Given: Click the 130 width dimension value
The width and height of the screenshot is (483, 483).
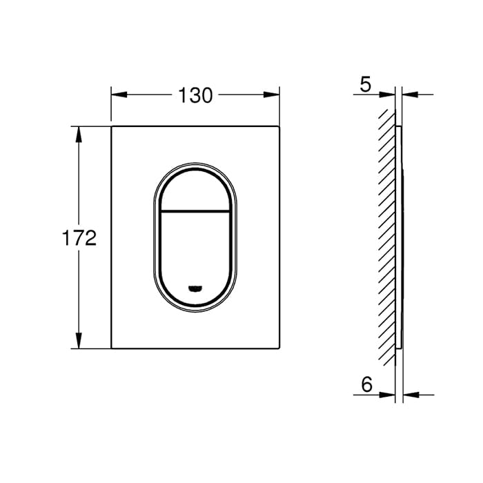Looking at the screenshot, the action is point(195,95).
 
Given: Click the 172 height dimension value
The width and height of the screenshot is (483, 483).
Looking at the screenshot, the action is point(79,238).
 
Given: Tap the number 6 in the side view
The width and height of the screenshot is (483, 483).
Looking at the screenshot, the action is point(366,384).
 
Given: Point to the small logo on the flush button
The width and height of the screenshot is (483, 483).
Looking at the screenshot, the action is point(195,288).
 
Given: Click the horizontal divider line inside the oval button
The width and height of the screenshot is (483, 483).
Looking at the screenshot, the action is point(195,211).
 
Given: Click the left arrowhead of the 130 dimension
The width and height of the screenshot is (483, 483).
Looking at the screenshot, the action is point(119,95).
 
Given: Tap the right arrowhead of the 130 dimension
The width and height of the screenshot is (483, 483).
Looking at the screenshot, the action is point(271,95).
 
